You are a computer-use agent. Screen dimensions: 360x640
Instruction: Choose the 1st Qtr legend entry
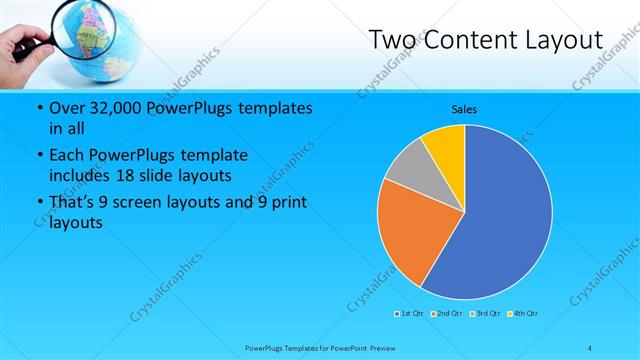pyautogui.click(x=409, y=314)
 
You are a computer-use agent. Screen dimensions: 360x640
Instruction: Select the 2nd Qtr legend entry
pyautogui.click(x=446, y=314)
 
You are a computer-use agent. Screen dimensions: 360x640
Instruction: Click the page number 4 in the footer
pyautogui.click(x=590, y=348)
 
